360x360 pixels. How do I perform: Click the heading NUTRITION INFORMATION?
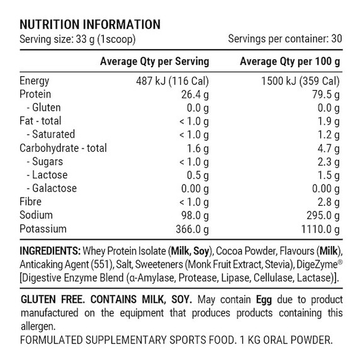tap(90, 25)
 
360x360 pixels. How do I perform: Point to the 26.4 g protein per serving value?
tap(195, 94)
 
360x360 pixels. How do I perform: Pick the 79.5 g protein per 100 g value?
tap(326, 94)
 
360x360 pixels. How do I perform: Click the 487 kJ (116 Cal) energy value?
tap(173, 81)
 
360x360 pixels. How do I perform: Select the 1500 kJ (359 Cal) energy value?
tap(301, 81)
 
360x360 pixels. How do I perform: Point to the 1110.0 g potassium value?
tap(320, 229)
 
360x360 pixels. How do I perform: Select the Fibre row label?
tap(31, 202)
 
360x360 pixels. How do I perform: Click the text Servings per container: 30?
tap(285, 39)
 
